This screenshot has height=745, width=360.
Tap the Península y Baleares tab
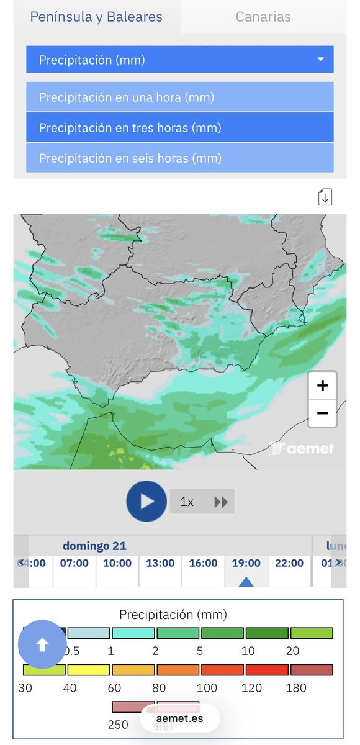coord(96,17)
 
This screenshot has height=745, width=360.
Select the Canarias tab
coord(263,17)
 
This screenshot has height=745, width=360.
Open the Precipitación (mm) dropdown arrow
coord(320,60)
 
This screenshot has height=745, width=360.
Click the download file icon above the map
coord(325,197)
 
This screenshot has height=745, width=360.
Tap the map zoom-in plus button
coord(322,386)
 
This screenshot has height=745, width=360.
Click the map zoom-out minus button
coord(322,413)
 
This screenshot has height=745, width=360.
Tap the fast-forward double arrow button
coord(221,502)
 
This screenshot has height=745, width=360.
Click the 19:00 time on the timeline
coord(246,563)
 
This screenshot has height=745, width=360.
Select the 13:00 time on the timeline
coord(160,563)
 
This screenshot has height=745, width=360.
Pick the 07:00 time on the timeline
coord(74,563)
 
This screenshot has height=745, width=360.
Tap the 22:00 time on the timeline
coord(289,563)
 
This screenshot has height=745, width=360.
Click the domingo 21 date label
coord(94,546)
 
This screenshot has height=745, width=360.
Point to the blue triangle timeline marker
coord(246,582)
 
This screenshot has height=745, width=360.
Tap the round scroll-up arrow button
coord(42,645)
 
